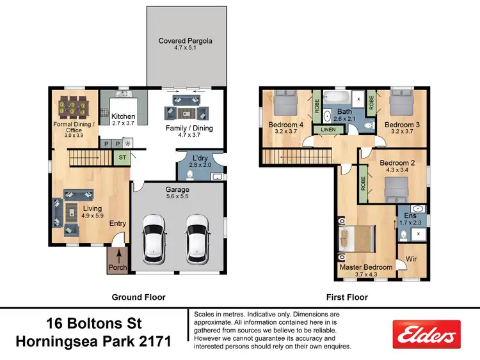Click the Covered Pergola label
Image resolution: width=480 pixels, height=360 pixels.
pos(185,41)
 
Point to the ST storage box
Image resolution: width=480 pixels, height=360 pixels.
pos(122,156)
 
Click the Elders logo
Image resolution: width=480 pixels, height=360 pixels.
pos(427,334)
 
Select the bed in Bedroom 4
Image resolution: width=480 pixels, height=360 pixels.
pos(284,104)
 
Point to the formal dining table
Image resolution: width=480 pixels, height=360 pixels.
pos(76,105)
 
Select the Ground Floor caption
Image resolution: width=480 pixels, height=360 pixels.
pos(138,297)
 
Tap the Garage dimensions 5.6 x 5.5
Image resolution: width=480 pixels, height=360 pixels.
pos(178,199)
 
